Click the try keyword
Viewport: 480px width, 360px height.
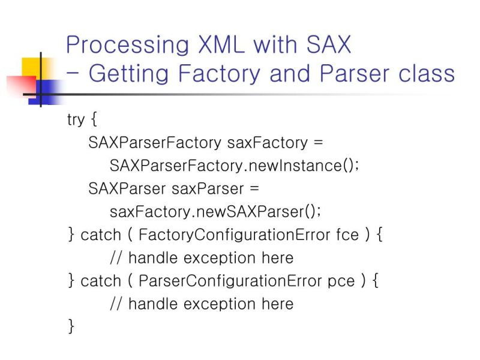click(x=76, y=119)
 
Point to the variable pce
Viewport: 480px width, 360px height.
click(x=342, y=281)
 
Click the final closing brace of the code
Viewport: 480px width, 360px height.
click(x=71, y=326)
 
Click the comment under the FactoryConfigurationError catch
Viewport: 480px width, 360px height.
click(x=202, y=258)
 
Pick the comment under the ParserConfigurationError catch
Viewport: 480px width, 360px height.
click(x=202, y=304)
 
